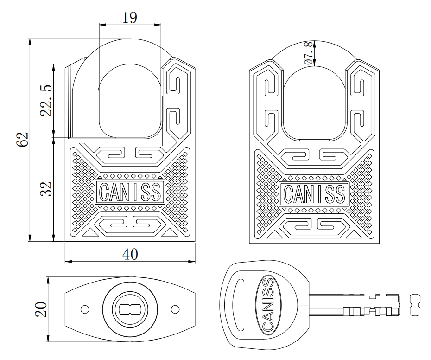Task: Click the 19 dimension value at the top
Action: pyautogui.click(x=130, y=18)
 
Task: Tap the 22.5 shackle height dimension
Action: pyautogui.click(x=45, y=100)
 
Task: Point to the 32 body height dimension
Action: pyautogui.click(x=45, y=189)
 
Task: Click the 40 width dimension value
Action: pyautogui.click(x=130, y=254)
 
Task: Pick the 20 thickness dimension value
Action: pyautogui.click(x=41, y=309)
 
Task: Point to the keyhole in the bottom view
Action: pyautogui.click(x=130, y=309)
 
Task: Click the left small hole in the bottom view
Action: pyautogui.click(x=84, y=309)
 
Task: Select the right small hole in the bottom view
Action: pyautogui.click(x=175, y=309)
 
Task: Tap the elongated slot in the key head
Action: pyautogui.click(x=239, y=304)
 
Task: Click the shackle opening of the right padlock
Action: pyautogui.click(x=314, y=102)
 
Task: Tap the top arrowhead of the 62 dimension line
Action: pyautogui.click(x=30, y=41)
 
